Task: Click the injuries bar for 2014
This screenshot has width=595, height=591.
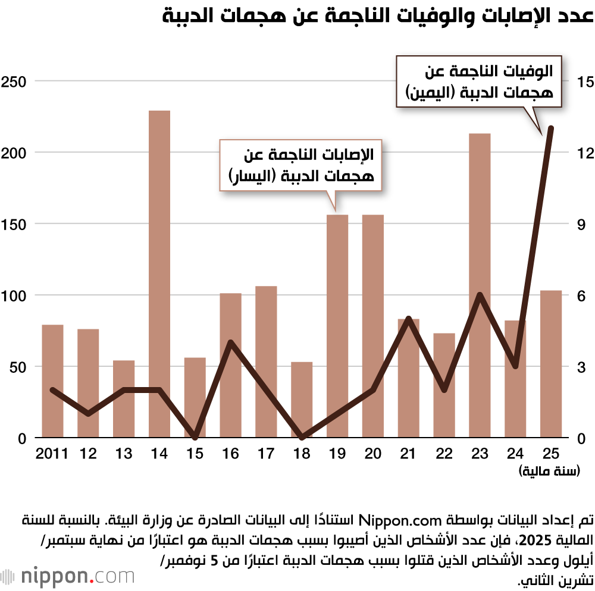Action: (159, 274)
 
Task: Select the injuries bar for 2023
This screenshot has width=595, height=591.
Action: (480, 285)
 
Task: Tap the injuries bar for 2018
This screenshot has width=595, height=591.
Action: (302, 400)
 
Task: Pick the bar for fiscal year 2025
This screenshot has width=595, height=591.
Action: (551, 364)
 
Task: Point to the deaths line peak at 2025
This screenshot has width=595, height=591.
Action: (551, 128)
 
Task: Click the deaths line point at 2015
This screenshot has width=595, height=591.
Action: (195, 437)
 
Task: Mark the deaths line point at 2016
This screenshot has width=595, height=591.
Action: (231, 342)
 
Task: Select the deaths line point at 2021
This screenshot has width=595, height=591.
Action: (408, 319)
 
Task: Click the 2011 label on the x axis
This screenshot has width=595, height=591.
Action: (52, 454)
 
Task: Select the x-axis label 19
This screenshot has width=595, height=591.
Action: (337, 454)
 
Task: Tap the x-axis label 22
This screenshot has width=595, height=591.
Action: (444, 454)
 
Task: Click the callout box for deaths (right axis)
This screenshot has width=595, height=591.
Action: (480, 81)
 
